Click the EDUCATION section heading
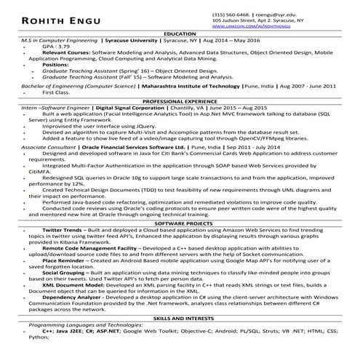click(180, 34)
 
